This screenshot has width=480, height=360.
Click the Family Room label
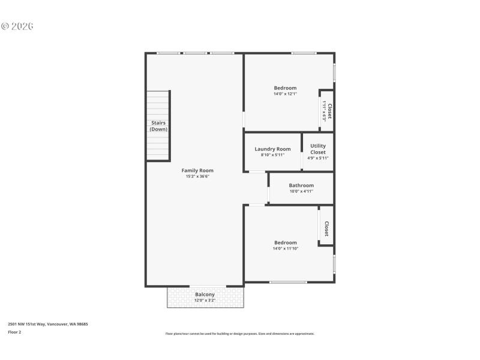coord(197,170)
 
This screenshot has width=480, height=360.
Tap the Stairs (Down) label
coord(158,126)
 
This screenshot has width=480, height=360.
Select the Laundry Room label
coord(272,149)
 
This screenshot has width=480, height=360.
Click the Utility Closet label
coord(318,149)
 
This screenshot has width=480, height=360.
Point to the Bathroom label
coord(301,185)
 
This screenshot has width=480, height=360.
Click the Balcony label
coord(205,295)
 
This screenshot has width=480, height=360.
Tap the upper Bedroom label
coord(285,88)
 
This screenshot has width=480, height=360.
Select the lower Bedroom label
coord(285,242)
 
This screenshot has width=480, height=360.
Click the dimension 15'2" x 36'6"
coord(197,177)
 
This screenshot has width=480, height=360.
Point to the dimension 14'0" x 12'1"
coord(285,94)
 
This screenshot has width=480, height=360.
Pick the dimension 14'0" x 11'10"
coord(285,248)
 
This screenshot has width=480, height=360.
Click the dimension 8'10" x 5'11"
coord(272,155)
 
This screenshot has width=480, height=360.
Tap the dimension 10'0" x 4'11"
coord(301,191)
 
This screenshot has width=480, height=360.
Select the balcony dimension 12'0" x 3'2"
coord(205,301)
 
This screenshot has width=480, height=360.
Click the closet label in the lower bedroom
coord(326,229)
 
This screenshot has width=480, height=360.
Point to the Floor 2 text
coord(14,332)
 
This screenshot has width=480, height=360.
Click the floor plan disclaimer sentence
coord(239,334)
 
